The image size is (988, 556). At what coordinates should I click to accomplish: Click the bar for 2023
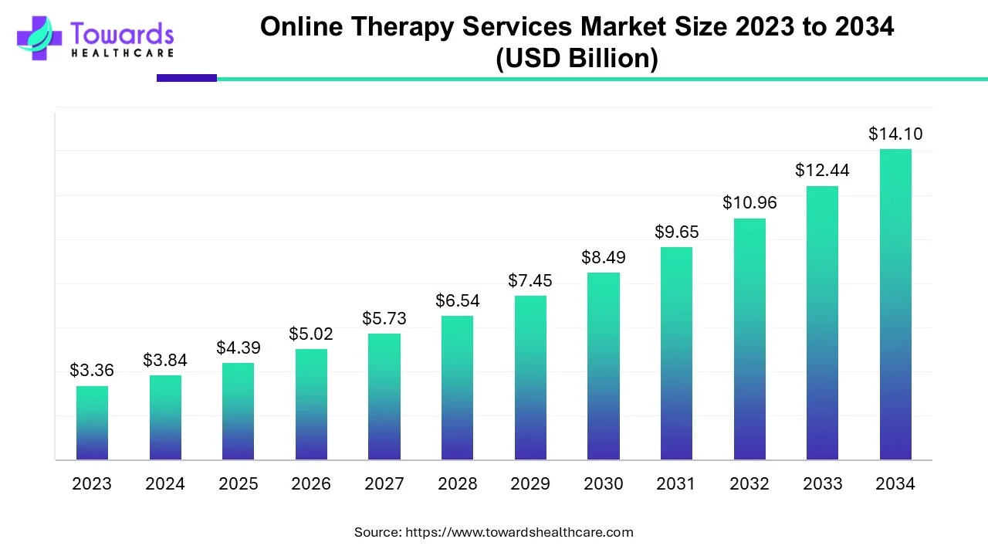pyautogui.click(x=92, y=423)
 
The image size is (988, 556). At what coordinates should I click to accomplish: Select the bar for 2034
pyautogui.click(x=895, y=304)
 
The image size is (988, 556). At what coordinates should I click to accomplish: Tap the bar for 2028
pyautogui.click(x=457, y=388)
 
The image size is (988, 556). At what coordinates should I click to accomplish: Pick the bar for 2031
pyautogui.click(x=676, y=354)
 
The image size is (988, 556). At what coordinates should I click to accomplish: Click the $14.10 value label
pyautogui.click(x=895, y=134)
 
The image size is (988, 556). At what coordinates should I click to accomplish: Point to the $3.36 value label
pyautogui.click(x=92, y=371)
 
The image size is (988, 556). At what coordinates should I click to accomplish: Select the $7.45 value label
pyautogui.click(x=530, y=281)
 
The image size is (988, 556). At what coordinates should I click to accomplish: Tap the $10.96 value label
pyautogui.click(x=749, y=203)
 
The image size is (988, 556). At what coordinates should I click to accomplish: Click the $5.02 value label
pyautogui.click(x=311, y=334)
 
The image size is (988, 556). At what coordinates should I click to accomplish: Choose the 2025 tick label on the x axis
pyautogui.click(x=238, y=484)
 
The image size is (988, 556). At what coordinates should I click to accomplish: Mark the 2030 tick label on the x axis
pyautogui.click(x=603, y=484)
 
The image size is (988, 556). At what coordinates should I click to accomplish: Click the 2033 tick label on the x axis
pyautogui.click(x=822, y=484)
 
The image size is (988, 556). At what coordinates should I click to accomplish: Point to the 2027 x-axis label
pyautogui.click(x=384, y=484)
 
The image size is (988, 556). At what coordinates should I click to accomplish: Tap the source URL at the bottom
pyautogui.click(x=519, y=532)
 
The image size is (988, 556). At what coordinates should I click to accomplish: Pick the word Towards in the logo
pyautogui.click(x=122, y=33)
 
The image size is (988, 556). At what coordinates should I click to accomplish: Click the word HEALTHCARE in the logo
pyautogui.click(x=122, y=53)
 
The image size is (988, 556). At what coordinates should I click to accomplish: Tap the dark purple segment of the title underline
pyautogui.click(x=187, y=78)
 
